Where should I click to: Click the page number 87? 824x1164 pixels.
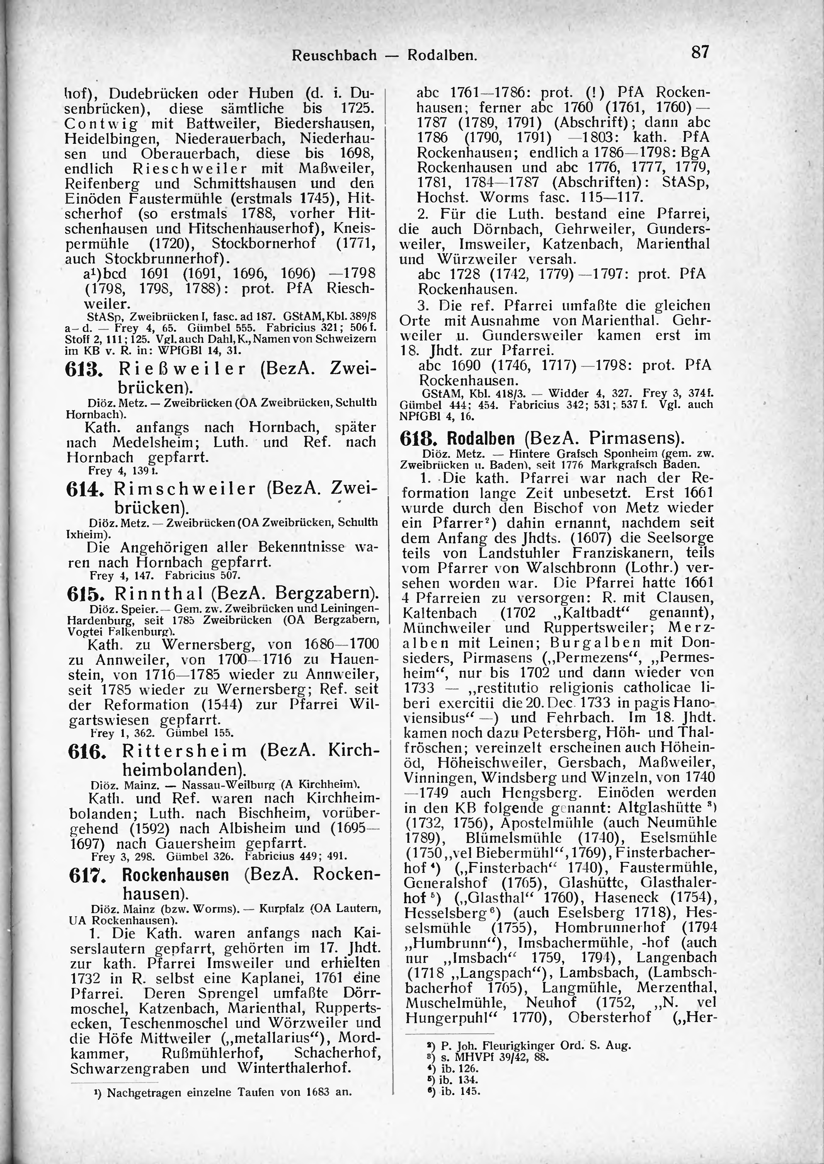tap(699, 52)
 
